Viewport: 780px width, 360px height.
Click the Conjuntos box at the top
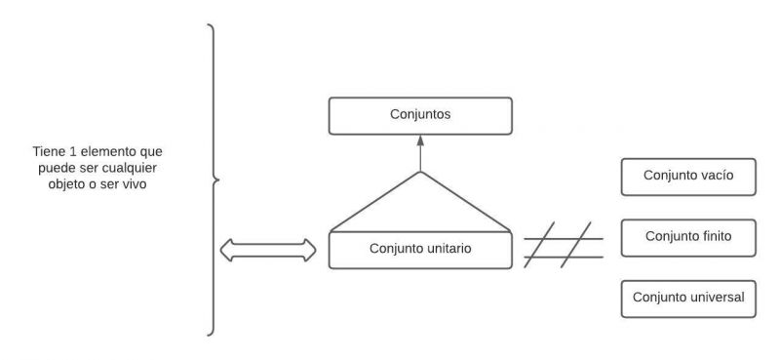pyautogui.click(x=420, y=115)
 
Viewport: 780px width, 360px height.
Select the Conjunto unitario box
pyautogui.click(x=420, y=250)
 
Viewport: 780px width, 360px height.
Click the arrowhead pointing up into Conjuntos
pyautogui.click(x=420, y=140)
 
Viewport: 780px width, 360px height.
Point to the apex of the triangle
pyautogui.click(x=420, y=173)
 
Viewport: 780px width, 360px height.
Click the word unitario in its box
pyautogui.click(x=447, y=250)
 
